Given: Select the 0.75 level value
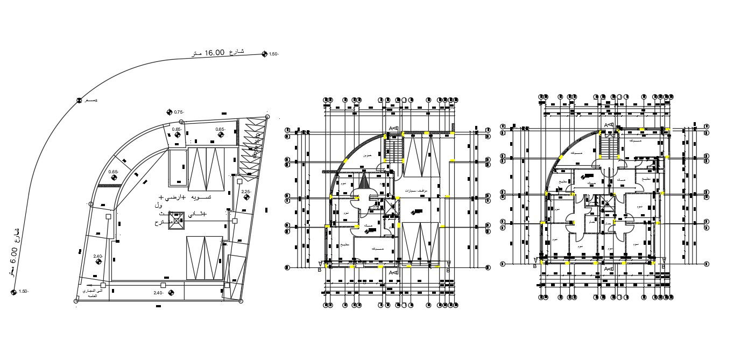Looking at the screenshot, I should [179, 112].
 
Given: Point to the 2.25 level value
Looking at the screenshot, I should [246, 192].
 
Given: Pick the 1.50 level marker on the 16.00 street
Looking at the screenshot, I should [264, 53].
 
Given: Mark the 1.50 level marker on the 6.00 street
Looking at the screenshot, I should [13, 292].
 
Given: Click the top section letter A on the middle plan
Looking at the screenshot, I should [391, 128].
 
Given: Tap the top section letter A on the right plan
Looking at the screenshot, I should [605, 125].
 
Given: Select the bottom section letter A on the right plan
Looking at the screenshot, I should [605, 269].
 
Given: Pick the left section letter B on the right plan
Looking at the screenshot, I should [535, 266].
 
